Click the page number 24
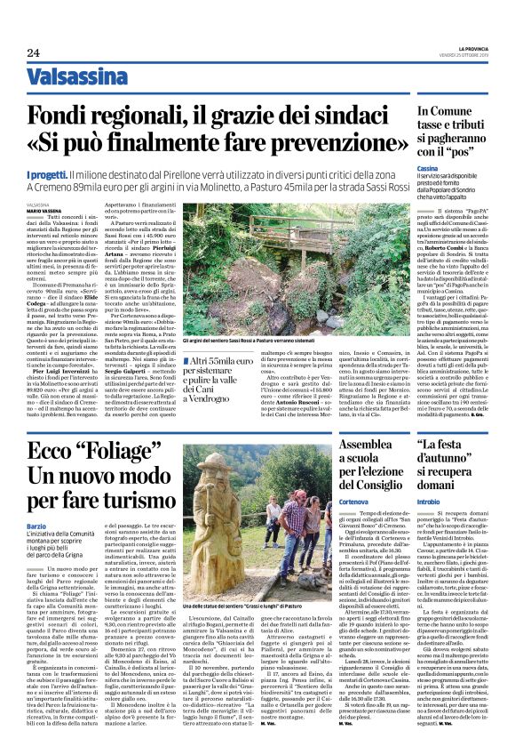tap(35, 54)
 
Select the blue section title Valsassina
tap(76, 77)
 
